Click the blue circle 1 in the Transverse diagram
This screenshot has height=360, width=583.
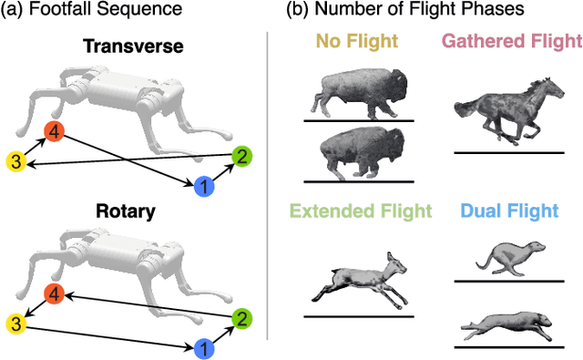[x=206, y=187]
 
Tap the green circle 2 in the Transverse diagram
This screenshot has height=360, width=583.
[x=241, y=157]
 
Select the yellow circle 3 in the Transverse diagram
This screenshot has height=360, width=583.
[x=15, y=162]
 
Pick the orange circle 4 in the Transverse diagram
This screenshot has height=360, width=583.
[x=56, y=133]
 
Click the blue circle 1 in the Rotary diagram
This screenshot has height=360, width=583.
[x=206, y=346]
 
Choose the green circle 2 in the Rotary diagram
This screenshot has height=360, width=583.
[x=241, y=318]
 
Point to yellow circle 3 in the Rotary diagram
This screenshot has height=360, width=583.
[x=15, y=324]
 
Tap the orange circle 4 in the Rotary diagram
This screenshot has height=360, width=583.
[x=56, y=294]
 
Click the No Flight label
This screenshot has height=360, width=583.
[x=351, y=41]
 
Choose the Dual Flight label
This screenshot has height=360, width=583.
[x=509, y=212]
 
